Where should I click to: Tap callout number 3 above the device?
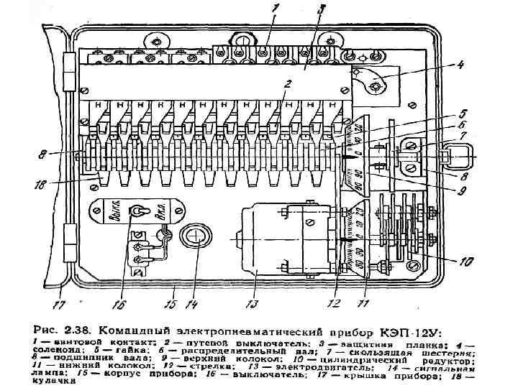[322, 9]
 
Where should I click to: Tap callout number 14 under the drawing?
[192, 304]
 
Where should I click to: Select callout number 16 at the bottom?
[119, 304]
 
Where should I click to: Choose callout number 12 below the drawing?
[332, 304]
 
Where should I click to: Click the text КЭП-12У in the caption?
[414, 333]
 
